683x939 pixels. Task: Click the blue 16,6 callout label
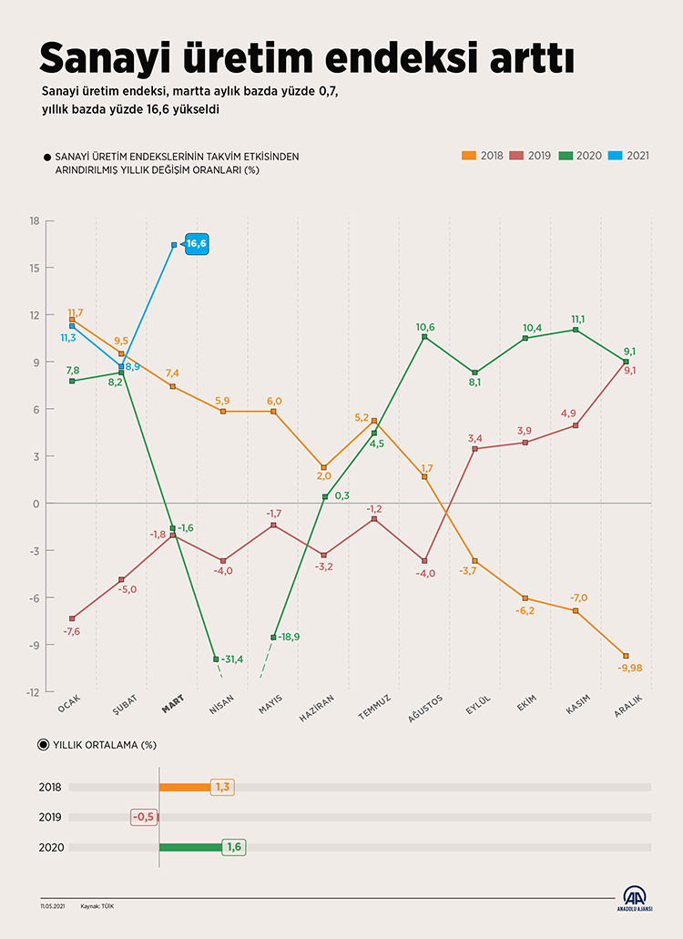[x=197, y=244]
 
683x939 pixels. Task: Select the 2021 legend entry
[x=632, y=156]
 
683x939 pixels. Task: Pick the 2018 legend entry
[x=484, y=156]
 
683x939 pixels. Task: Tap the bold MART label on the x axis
[x=173, y=702]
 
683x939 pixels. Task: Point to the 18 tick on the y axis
[x=35, y=221]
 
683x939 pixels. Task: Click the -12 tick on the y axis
[x=33, y=692]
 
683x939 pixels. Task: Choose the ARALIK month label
[x=629, y=705]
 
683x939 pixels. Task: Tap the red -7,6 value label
[x=72, y=631]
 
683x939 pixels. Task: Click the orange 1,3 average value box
[x=223, y=787]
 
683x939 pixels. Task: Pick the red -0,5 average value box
[x=143, y=817]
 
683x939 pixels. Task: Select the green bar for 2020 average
[x=191, y=847]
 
